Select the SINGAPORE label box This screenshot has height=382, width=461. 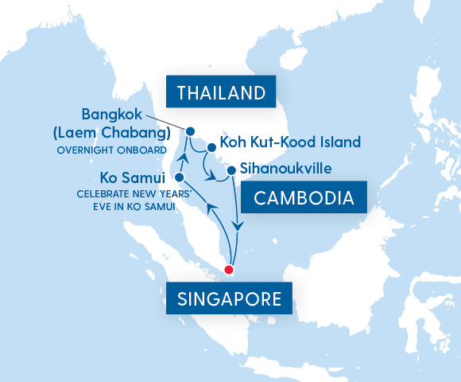227,299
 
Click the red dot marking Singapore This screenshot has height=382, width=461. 230,269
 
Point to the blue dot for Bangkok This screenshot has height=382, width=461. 191,131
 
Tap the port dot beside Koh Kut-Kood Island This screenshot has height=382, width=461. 211,147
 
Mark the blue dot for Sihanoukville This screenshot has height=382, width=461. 230,170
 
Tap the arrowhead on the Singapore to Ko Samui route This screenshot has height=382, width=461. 210,208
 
